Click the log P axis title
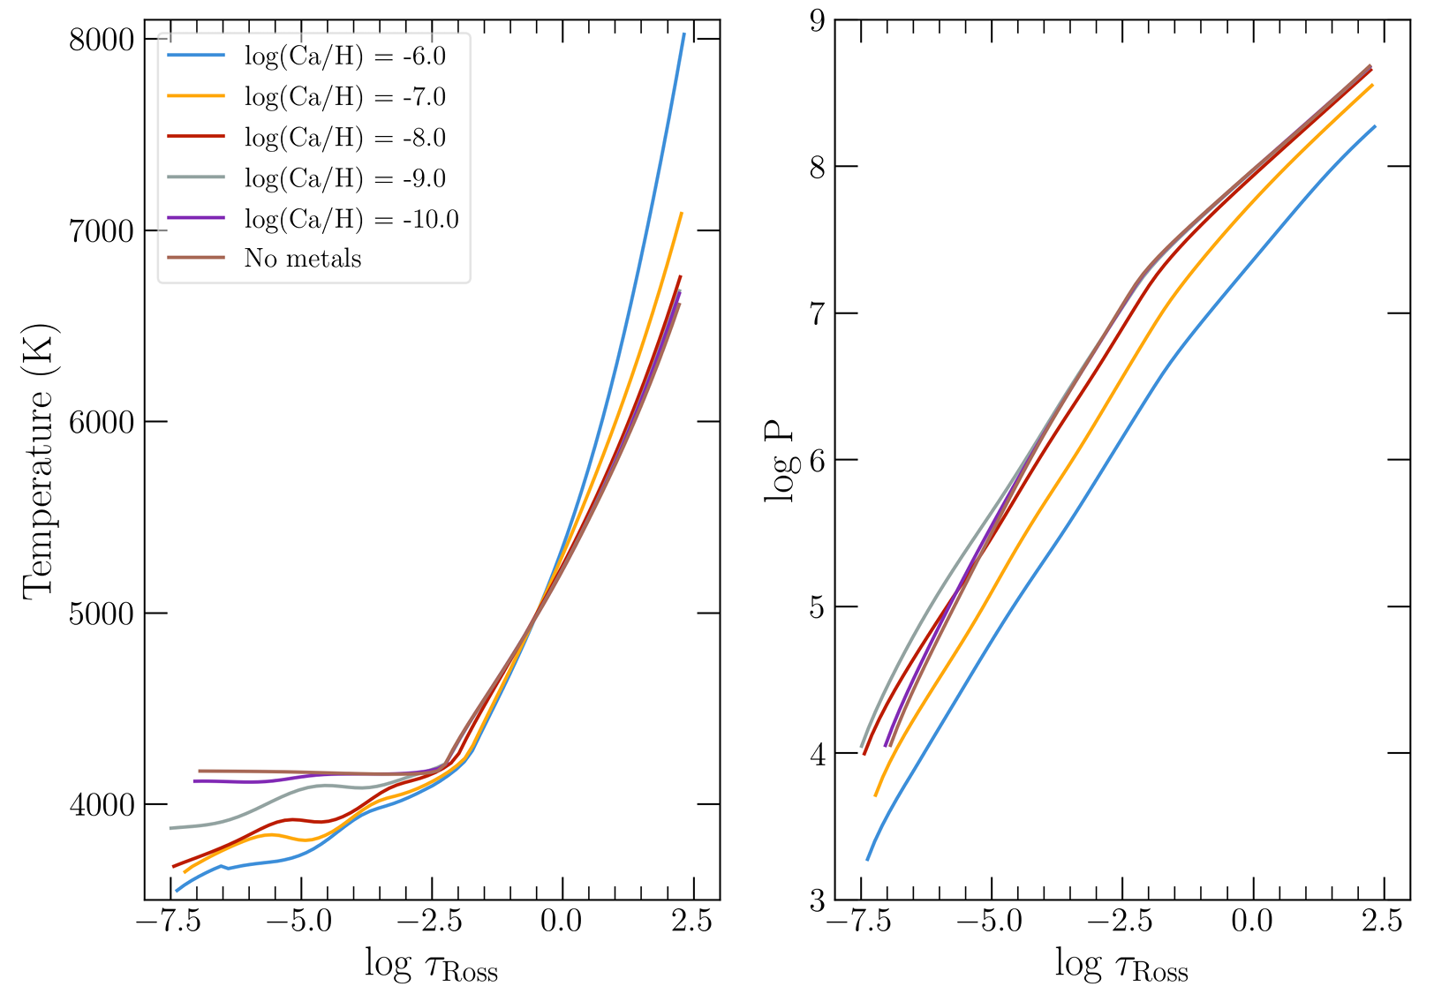pos(780,463)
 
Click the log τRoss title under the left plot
pos(432,966)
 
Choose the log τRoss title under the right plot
pos(1121,966)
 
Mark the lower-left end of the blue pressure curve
pos(867,859)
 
